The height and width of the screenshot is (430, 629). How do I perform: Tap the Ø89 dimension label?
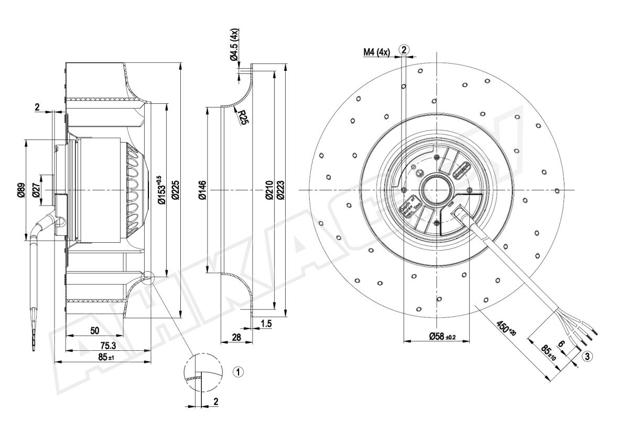21,190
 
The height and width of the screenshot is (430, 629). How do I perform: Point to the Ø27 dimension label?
36,190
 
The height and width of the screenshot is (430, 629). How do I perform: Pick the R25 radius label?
242,117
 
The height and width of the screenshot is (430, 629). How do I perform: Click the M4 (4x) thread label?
376,51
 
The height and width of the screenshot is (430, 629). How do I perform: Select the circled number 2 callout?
404,50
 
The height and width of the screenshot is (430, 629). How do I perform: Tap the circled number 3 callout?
587,357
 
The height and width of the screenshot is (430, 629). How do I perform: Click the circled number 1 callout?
238,372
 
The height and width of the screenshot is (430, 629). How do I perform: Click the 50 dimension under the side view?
95,330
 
